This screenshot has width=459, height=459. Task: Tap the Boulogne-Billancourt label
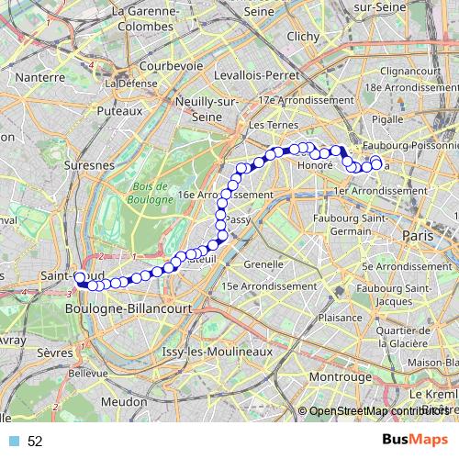(x=129, y=309)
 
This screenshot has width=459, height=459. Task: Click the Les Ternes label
(x=269, y=124)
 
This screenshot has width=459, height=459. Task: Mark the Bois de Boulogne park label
(x=148, y=192)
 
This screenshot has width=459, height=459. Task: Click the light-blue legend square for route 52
(x=13, y=442)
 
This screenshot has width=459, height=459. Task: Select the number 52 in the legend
(x=35, y=442)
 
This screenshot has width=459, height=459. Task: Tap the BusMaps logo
(x=409, y=441)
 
